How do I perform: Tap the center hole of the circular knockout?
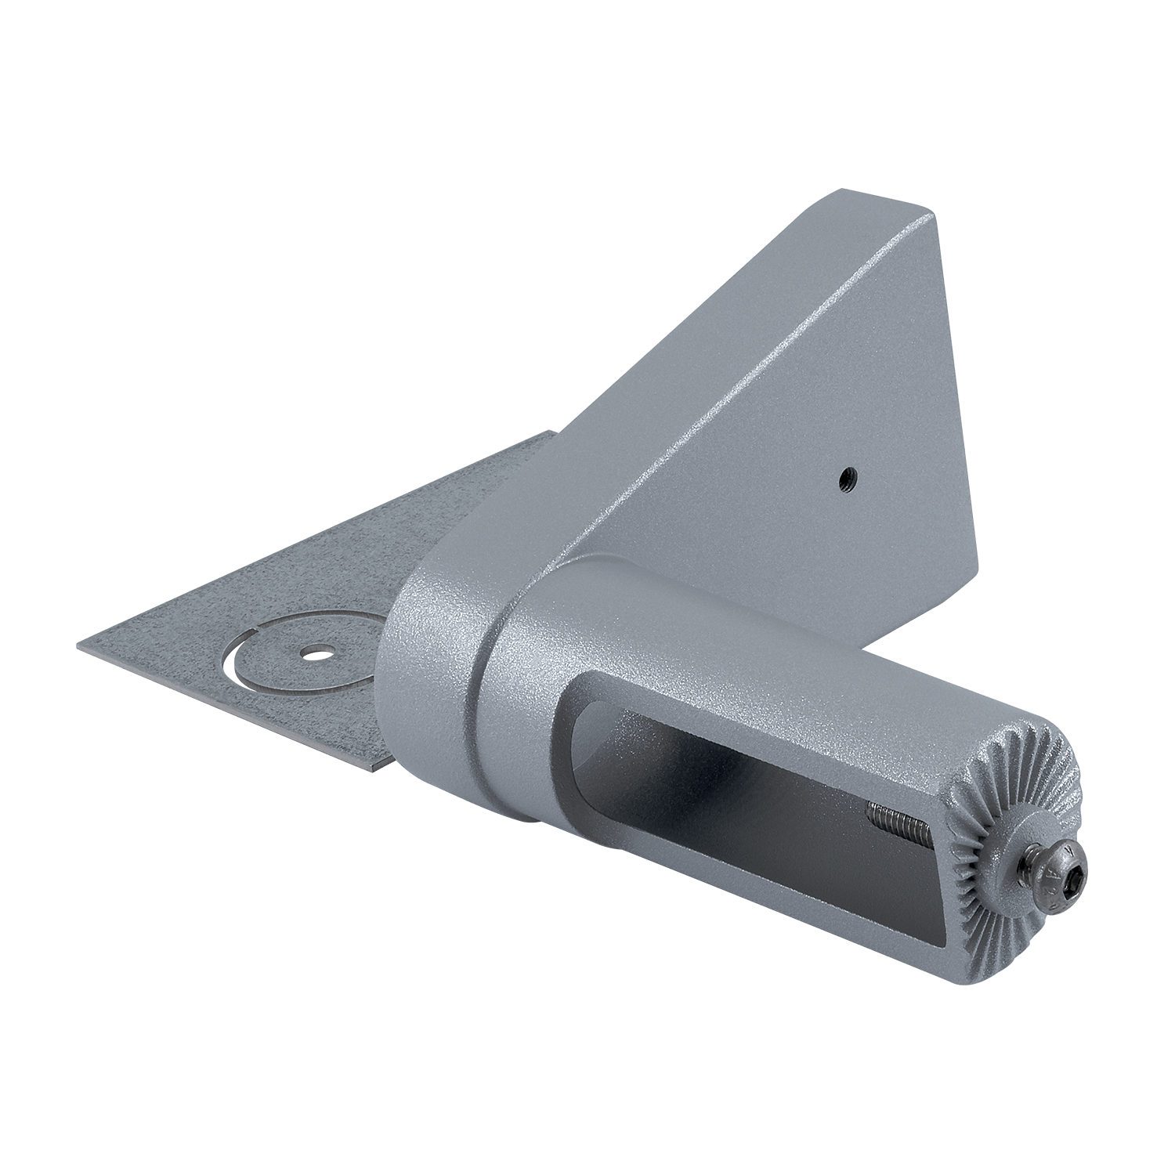pyautogui.click(x=316, y=651)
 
